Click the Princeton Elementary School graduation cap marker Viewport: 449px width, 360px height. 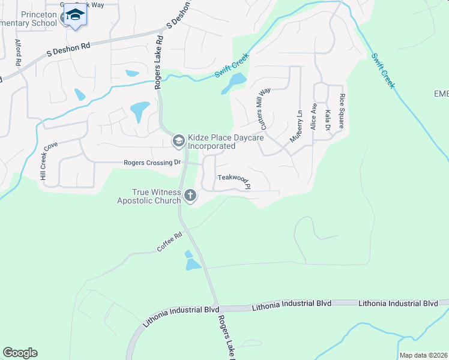75,15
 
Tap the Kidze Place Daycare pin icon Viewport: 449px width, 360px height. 178,142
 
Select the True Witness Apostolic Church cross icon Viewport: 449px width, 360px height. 190,195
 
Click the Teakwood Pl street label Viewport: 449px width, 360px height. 233,178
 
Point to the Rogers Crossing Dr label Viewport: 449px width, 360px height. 152,163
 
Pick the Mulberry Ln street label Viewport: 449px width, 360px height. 296,126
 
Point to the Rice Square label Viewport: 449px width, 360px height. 342,112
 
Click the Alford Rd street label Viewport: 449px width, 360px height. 19,52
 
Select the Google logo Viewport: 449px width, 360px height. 20,353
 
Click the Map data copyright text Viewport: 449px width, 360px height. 423,355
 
